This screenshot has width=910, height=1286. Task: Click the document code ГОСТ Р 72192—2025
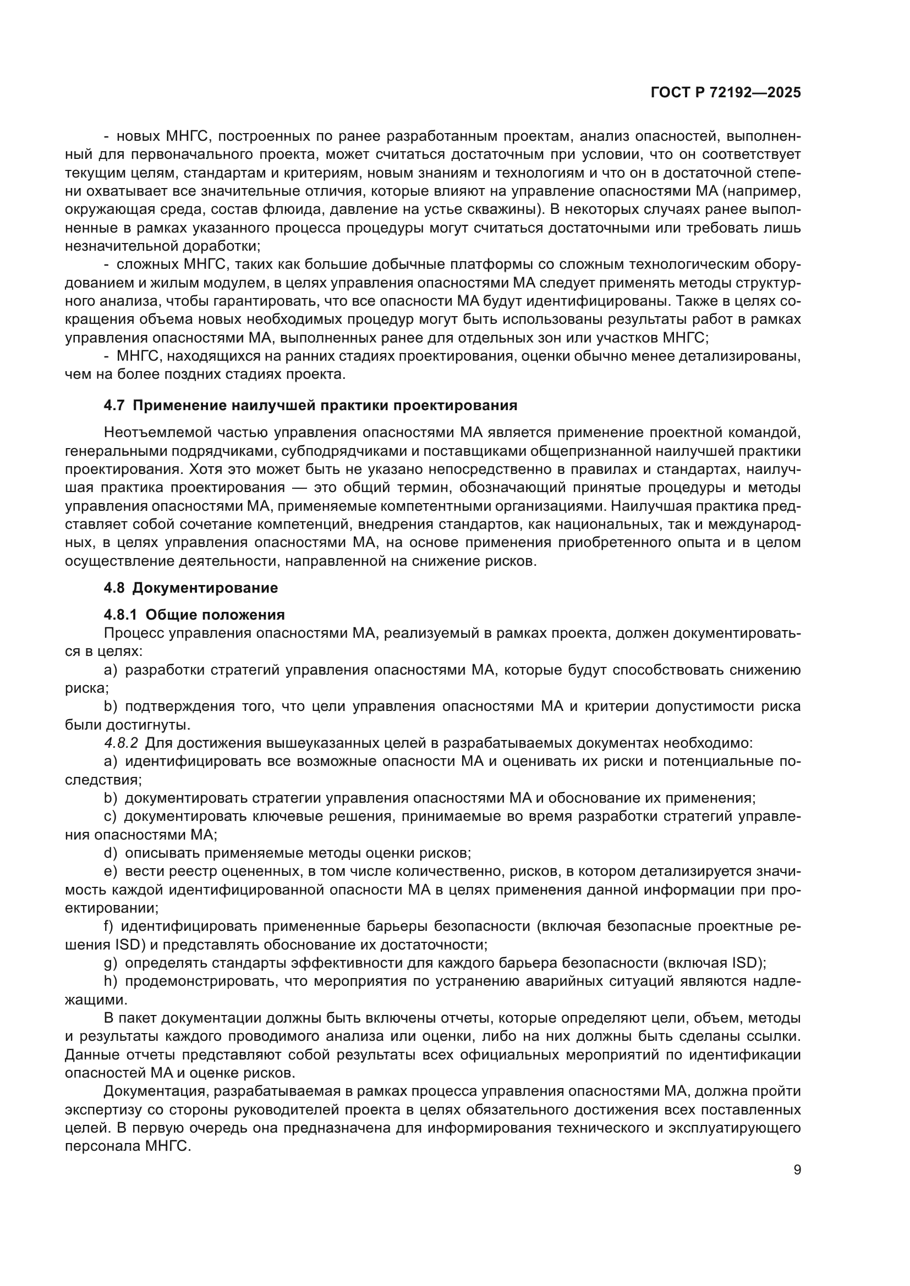pos(726,93)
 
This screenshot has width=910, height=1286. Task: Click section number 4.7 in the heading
pos(114,406)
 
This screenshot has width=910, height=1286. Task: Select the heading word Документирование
pos(205,588)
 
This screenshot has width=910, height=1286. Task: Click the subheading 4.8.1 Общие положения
pos(194,615)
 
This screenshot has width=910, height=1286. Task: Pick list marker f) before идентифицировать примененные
pos(108,926)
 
